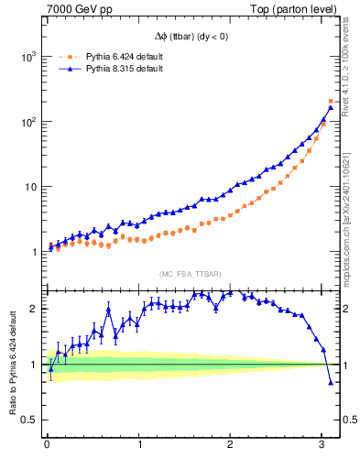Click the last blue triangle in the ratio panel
point(331,383)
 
